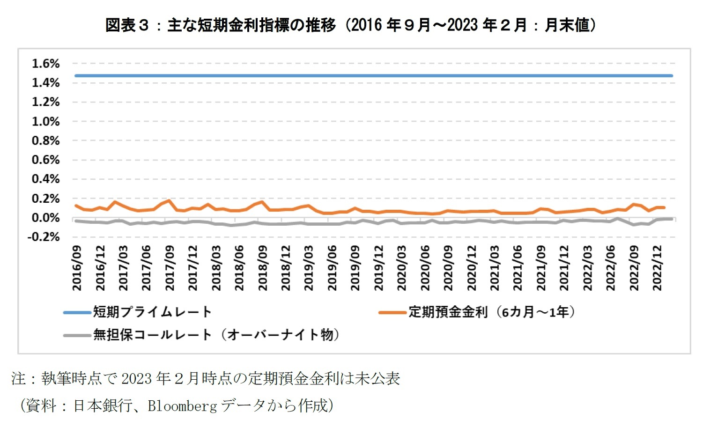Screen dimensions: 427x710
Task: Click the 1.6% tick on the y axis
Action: [45, 64]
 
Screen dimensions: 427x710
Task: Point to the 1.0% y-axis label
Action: [45, 122]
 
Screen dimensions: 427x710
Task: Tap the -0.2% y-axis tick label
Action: [44, 237]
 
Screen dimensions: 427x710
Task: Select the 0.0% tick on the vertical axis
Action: [45, 218]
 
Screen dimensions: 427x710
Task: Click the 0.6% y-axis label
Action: [45, 160]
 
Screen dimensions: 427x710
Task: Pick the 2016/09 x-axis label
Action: [77, 268]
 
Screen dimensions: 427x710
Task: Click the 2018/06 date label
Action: [239, 268]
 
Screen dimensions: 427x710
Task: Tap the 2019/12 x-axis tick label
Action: [378, 268]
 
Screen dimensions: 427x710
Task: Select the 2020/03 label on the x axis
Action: [402, 268]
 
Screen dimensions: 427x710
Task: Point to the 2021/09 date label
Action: [541, 268]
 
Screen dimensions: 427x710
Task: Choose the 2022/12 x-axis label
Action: [657, 268]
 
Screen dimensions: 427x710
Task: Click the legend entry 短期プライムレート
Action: [152, 312]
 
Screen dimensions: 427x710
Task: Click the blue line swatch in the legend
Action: [78, 312]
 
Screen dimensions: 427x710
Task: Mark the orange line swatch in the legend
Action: [393, 312]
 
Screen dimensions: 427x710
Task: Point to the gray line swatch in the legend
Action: [78, 335]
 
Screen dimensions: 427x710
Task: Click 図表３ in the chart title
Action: [126, 25]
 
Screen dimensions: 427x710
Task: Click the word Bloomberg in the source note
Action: [182, 405]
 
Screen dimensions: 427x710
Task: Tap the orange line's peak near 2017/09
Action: [169, 200]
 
